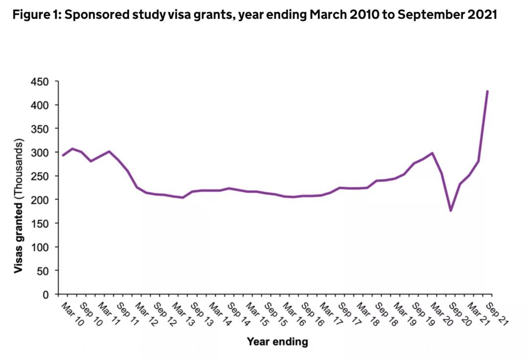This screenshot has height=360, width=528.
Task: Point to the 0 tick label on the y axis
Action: tap(46, 295)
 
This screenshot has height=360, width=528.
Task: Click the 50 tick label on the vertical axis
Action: tap(44, 271)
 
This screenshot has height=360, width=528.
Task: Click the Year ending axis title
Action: tap(277, 341)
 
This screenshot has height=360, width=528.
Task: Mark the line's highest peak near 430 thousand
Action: tap(487, 91)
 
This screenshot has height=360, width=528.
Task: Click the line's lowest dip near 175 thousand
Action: tap(451, 211)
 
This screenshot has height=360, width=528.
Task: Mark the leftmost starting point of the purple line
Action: tap(63, 155)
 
